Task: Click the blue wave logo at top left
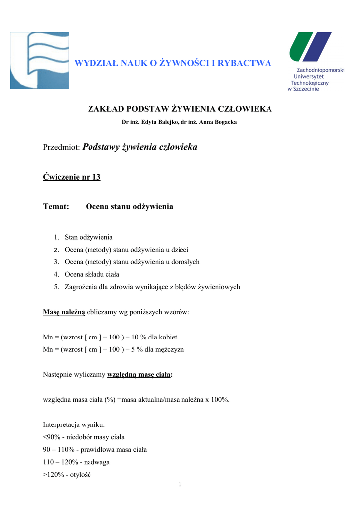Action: [x=39, y=60]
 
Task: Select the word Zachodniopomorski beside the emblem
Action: [x=320, y=71]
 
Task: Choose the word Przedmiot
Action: [x=61, y=147]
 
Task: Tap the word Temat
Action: [x=56, y=206]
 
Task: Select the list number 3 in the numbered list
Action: [x=57, y=262]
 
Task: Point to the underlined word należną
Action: [x=73, y=312]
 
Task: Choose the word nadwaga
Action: [x=97, y=462]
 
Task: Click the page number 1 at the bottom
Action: [x=180, y=485]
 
